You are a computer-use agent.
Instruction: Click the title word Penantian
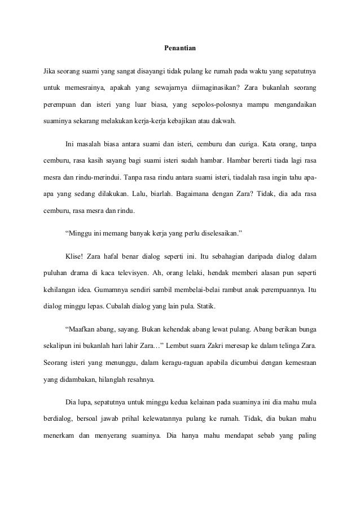(179, 49)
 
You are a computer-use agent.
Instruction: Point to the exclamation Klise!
(75, 256)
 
